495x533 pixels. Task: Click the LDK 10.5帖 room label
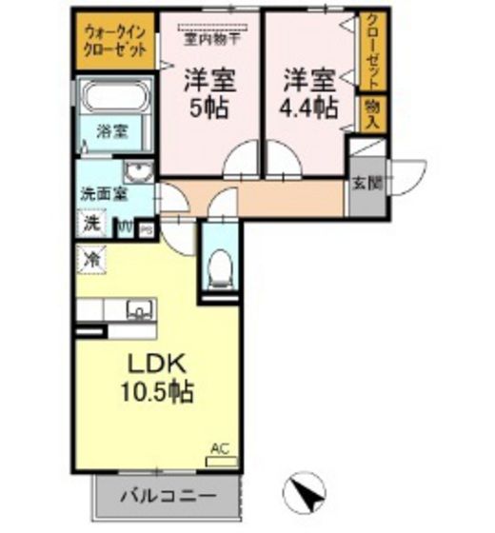coord(156,377)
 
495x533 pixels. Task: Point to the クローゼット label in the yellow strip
coord(371,49)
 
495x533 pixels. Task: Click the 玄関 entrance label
coord(361,183)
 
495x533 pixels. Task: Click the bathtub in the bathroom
coord(115,97)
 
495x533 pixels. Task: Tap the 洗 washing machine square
coord(92,225)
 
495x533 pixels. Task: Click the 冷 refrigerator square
coord(92,256)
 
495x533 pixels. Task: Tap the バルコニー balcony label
coord(167,496)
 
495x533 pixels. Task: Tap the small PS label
coord(147,228)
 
